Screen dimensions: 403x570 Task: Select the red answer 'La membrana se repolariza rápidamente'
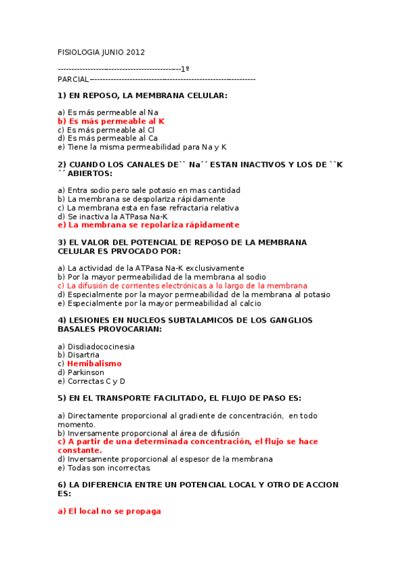[x=149, y=225]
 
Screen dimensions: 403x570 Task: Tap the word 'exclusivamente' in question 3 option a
[x=215, y=268]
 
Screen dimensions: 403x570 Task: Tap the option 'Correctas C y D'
[x=91, y=381]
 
